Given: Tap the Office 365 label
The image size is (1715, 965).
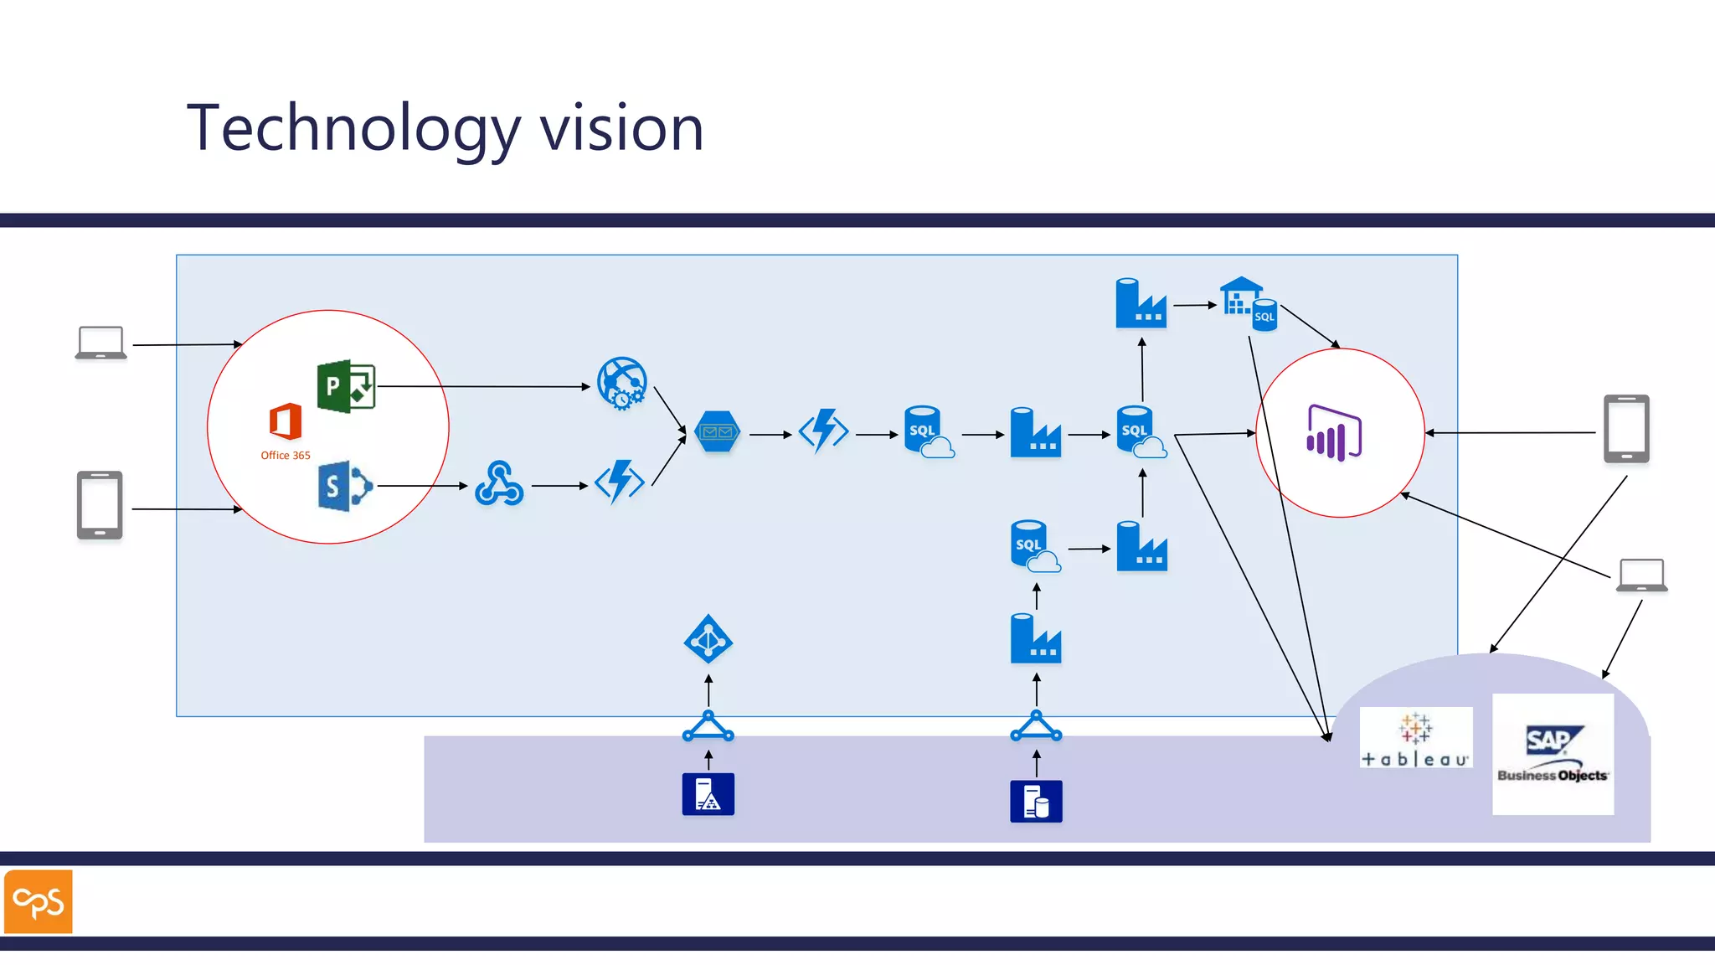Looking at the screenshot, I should (286, 456).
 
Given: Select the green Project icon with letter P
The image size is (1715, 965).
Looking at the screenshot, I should (346, 386).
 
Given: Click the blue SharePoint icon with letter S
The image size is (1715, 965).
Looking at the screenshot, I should (344, 485).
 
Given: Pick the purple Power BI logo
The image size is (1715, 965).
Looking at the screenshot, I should (1334, 433).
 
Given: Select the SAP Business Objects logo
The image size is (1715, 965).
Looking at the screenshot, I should (1553, 754).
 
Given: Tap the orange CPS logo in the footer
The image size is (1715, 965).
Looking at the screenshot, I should (39, 901).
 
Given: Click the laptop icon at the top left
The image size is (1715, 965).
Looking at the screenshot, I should (101, 343).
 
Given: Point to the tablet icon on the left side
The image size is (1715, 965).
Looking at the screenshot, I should (100, 505).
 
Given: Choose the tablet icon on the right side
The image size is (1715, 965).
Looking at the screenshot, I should (1626, 429).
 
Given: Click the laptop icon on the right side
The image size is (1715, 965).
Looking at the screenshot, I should (1641, 575).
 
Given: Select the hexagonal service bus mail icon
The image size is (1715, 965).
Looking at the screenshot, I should (718, 432).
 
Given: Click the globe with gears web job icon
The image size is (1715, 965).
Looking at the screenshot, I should (622, 384).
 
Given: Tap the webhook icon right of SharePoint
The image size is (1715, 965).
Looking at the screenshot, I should (499, 484).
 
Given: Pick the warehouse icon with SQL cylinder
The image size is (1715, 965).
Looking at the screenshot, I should (1249, 304).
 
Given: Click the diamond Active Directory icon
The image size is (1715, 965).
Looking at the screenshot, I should (708, 640).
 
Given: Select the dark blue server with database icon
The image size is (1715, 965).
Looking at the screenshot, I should (1036, 801).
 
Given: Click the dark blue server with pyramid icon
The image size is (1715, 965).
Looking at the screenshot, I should (708, 794).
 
